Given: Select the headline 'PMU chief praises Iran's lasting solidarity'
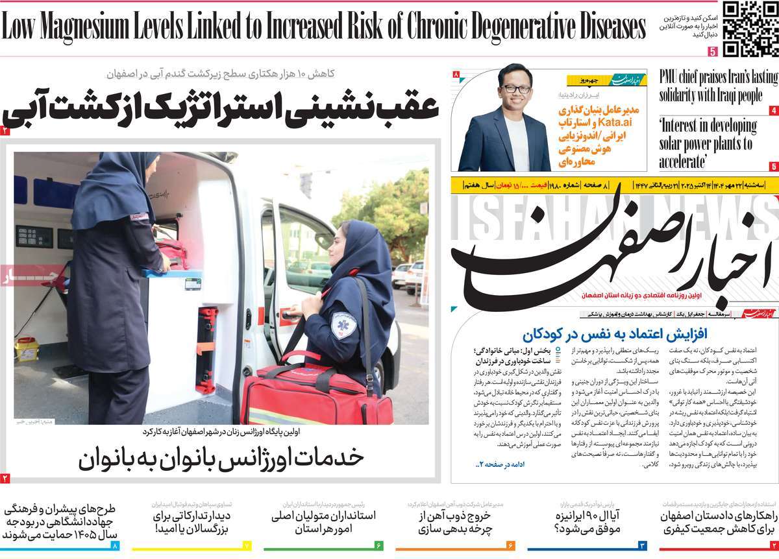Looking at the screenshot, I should tap(717, 86).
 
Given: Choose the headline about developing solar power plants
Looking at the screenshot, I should tap(708, 143).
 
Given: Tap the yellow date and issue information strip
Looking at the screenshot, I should tap(613, 186).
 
